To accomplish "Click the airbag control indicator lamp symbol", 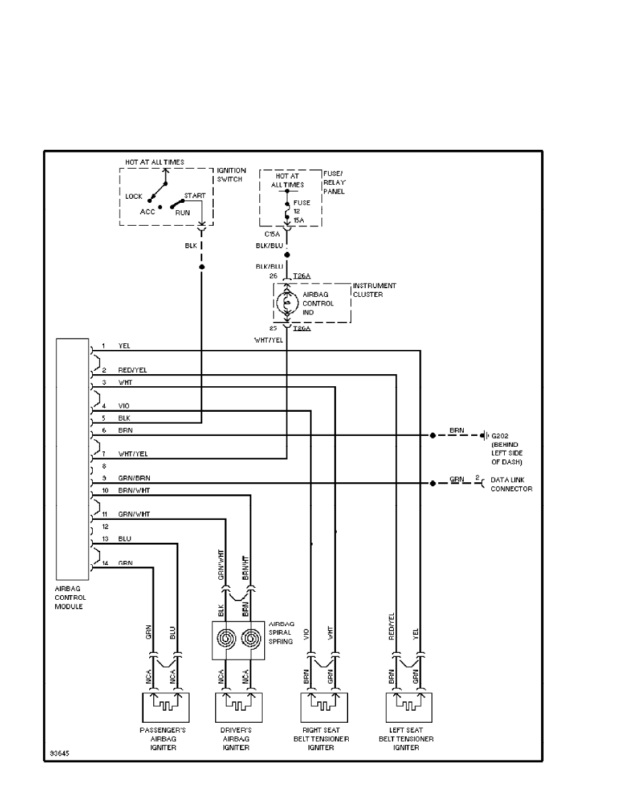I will click(x=287, y=304).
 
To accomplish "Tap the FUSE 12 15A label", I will click(x=298, y=210).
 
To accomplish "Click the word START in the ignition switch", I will click(x=194, y=196).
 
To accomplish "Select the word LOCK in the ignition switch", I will click(x=134, y=197).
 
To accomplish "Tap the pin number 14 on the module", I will click(x=104, y=563).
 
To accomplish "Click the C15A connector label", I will click(x=272, y=234).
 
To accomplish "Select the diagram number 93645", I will click(x=58, y=753).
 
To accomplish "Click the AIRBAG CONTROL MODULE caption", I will click(x=71, y=597).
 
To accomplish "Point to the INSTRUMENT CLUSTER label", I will click(x=374, y=290).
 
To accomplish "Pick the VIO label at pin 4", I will click(x=124, y=406).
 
